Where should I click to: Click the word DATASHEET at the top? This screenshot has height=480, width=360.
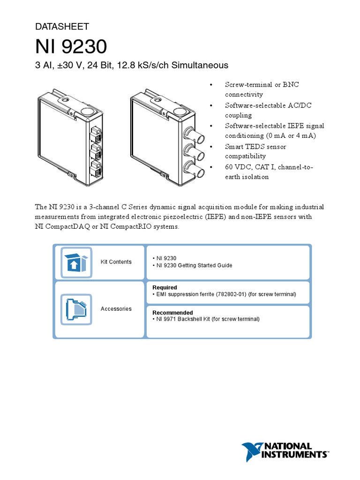pos(62,27)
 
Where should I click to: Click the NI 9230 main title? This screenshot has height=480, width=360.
pos(71,47)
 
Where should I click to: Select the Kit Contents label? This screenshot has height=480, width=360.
pos(116,262)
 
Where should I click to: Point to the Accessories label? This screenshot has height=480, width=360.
pos(116,309)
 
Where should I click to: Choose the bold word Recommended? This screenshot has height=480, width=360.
pos(172,313)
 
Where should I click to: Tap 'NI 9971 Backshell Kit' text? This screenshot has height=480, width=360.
pos(184,319)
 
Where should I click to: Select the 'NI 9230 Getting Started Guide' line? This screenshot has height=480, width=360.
pos(194,265)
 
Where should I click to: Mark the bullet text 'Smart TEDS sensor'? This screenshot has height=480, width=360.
pos(255,146)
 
